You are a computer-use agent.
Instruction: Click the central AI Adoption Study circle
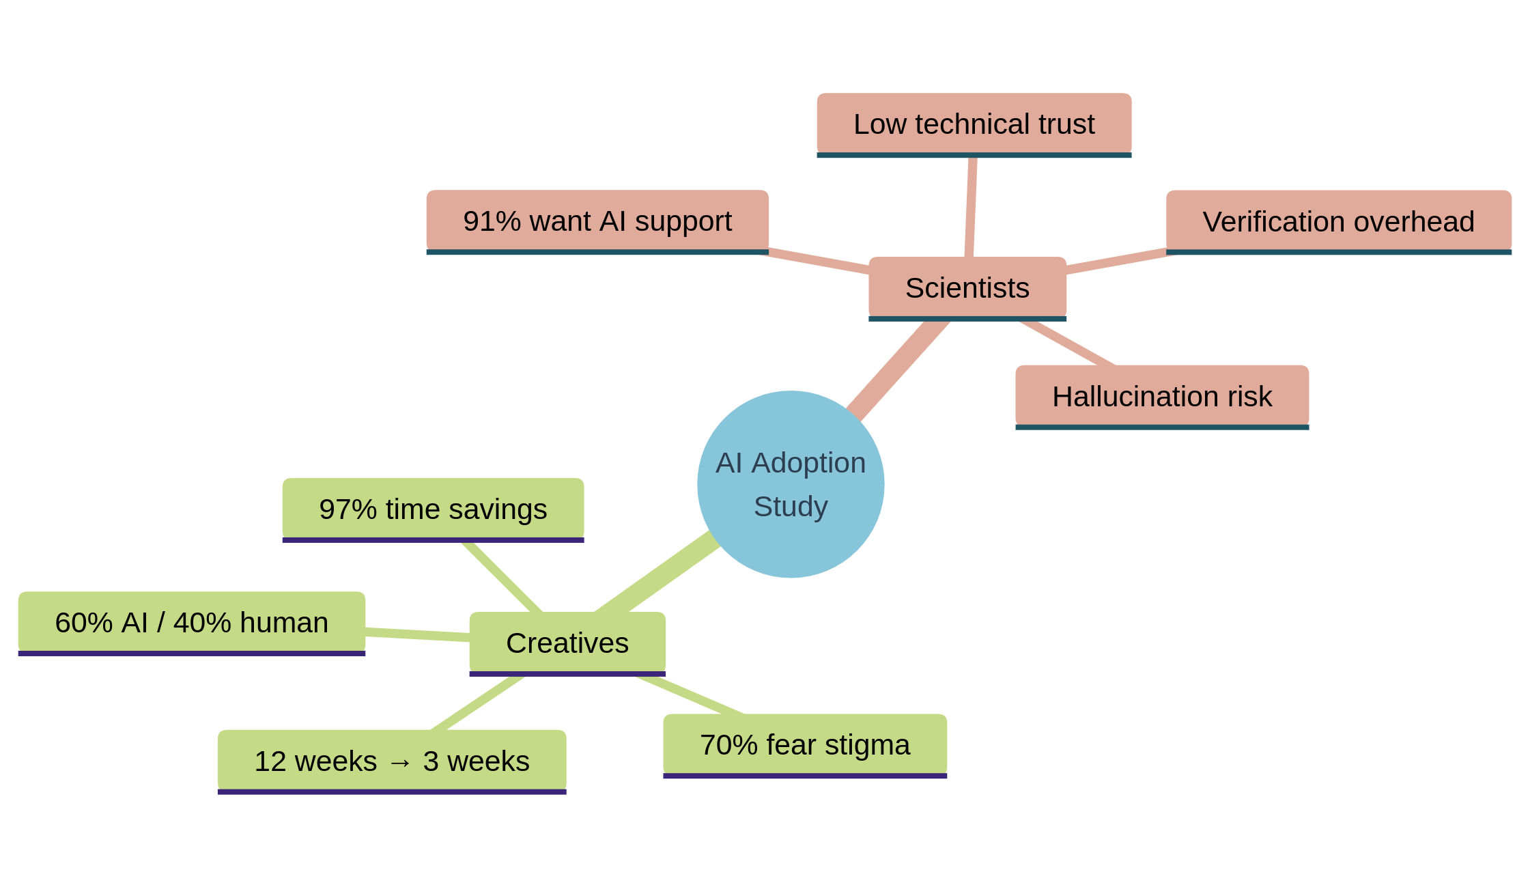click(x=790, y=483)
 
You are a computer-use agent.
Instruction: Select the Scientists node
click(x=967, y=287)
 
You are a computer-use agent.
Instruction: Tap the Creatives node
click(x=567, y=643)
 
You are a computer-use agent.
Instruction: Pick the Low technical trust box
click(x=974, y=124)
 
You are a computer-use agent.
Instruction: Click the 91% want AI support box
click(x=597, y=221)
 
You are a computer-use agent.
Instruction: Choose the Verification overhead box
click(x=1338, y=221)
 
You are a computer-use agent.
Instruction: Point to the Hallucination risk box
click(x=1161, y=396)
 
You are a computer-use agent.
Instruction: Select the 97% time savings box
click(x=433, y=509)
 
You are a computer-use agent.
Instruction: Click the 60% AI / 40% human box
click(x=191, y=622)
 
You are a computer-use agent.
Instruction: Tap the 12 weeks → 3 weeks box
click(x=391, y=761)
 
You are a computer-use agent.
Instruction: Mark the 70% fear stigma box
click(x=804, y=744)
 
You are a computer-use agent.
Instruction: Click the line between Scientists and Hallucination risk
click(x=1066, y=343)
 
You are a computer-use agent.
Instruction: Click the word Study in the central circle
click(x=790, y=507)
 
